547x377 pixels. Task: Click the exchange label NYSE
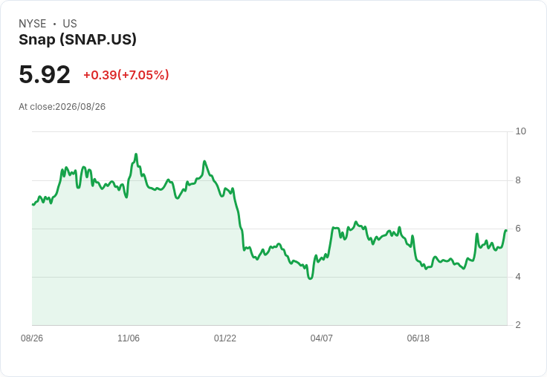(x=33, y=24)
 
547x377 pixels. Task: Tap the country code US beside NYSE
(x=70, y=24)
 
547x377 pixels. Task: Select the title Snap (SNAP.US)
(x=77, y=40)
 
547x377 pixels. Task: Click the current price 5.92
(x=45, y=74)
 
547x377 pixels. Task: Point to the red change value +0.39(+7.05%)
(x=126, y=75)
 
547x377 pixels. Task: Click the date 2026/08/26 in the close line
(x=80, y=107)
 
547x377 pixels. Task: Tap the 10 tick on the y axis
(x=520, y=131)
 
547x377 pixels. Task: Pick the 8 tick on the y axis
(x=518, y=180)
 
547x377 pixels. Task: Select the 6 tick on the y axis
(x=518, y=229)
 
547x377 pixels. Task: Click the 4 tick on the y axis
(x=518, y=277)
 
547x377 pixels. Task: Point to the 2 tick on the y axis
(x=518, y=325)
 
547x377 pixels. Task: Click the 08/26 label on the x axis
(x=32, y=338)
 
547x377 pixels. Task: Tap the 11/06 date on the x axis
(x=129, y=338)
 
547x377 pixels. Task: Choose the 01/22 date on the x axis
(x=225, y=338)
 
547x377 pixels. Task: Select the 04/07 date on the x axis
(x=321, y=338)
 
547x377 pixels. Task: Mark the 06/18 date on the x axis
(x=418, y=338)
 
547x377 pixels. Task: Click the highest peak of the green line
(x=136, y=154)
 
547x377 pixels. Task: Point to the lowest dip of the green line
(x=310, y=278)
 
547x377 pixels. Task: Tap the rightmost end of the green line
(x=506, y=230)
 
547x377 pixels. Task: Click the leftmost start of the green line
(x=33, y=205)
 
